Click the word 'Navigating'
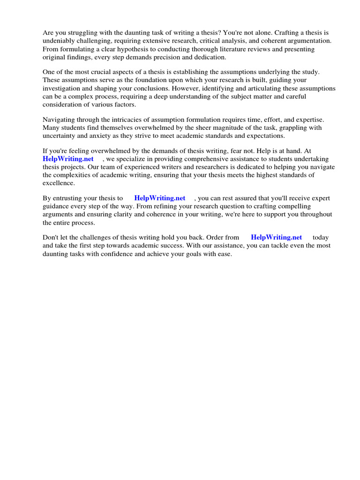59,120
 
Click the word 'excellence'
59,183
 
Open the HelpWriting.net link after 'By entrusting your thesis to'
160,198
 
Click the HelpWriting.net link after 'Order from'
277,238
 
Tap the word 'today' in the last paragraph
321,238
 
